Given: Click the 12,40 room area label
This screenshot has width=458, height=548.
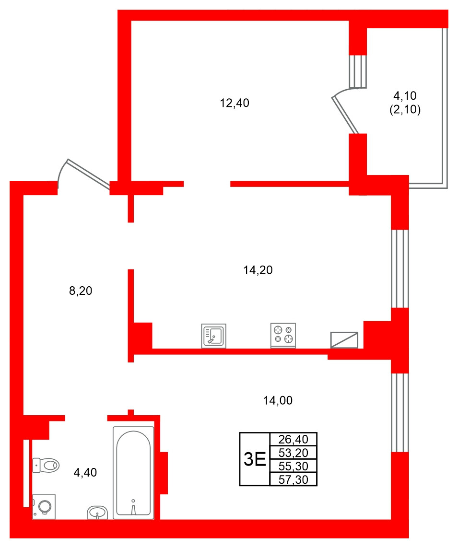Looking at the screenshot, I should point(235,103).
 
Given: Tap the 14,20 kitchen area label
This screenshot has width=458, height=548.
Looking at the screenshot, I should point(258,270).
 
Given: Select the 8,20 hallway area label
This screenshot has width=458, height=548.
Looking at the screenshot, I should point(81,291).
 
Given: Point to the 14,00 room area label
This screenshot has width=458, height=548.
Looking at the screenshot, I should point(278,400).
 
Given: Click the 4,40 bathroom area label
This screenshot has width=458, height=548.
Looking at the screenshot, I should point(85,473).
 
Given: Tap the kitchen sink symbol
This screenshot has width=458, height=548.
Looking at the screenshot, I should point(213,336).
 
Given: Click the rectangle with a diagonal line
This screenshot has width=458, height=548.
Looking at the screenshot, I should point(344,340).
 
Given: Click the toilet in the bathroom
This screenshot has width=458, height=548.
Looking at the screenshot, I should point(46,465).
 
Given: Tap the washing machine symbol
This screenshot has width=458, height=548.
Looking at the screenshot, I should point(44,507).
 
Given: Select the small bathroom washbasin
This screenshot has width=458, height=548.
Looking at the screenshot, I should point(99,513).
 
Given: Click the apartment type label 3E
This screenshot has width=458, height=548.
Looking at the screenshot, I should point(255,459).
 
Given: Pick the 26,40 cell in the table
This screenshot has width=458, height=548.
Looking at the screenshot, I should point(294,439).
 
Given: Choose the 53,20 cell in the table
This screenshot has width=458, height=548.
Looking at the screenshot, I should point(294,452).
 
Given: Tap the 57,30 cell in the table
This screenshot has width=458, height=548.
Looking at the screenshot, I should point(294,479).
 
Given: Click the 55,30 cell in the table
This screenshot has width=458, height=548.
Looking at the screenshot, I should point(294,466).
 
